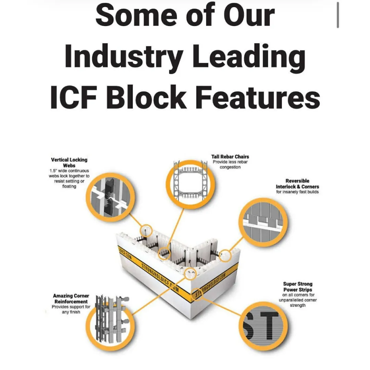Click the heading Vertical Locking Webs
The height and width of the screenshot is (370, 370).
click(69, 162)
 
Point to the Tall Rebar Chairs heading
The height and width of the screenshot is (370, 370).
click(230, 157)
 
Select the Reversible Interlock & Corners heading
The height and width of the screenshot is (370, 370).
click(297, 184)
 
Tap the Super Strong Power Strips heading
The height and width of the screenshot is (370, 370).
click(298, 287)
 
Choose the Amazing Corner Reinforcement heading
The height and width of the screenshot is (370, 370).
click(71, 298)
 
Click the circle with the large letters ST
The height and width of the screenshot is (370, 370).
click(263, 326)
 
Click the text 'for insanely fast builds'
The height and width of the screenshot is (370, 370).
click(297, 192)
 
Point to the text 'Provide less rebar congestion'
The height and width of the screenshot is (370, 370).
click(230, 164)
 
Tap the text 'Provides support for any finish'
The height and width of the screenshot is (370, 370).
click(71, 309)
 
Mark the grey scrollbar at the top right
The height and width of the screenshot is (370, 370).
click(338, 15)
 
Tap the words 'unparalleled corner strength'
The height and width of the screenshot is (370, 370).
click(298, 303)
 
